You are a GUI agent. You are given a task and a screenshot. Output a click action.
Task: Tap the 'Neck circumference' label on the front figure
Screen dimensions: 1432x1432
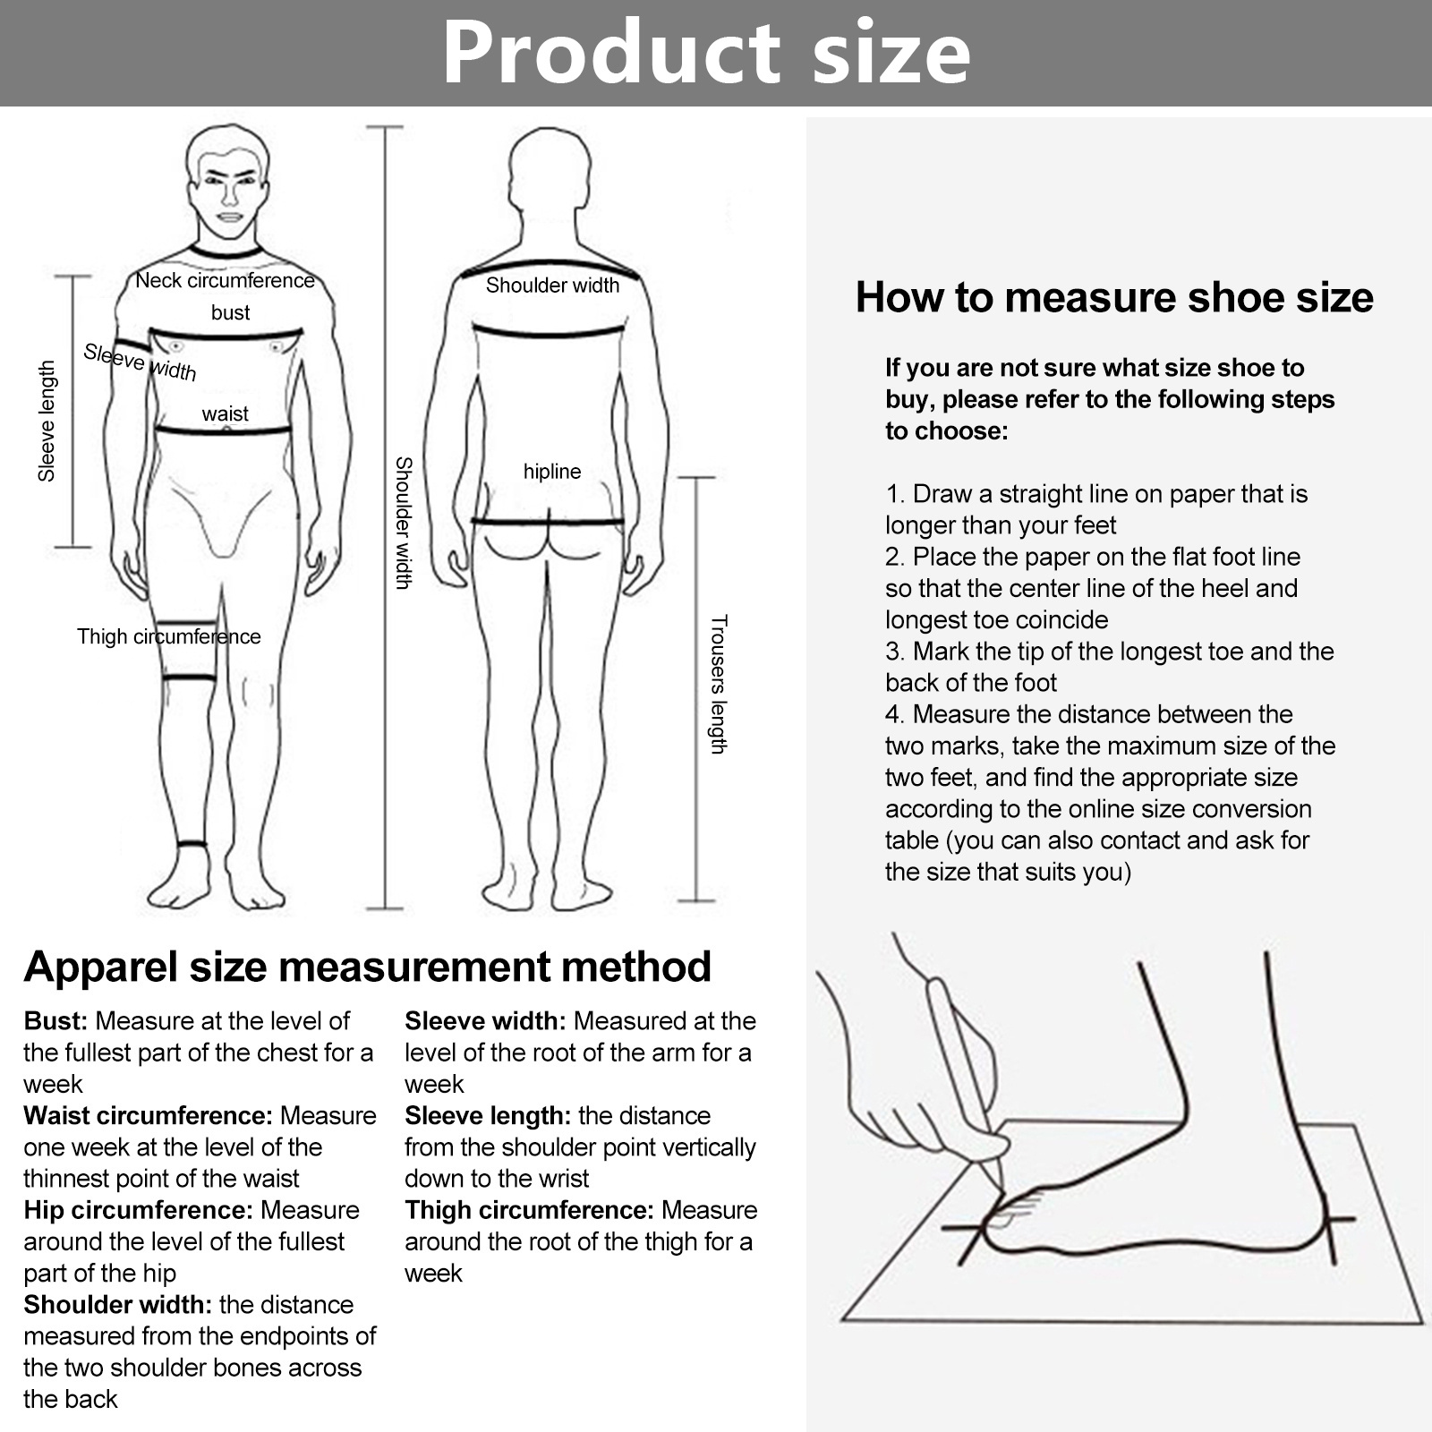coord(226,280)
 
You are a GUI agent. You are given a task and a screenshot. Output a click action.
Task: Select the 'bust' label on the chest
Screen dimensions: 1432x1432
coord(230,312)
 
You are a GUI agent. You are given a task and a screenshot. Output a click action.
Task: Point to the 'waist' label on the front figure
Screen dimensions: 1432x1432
coord(225,413)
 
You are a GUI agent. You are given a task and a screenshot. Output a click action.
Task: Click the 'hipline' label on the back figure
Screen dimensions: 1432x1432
coord(552,472)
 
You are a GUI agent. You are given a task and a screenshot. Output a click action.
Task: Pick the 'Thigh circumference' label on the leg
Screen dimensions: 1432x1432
coord(169,636)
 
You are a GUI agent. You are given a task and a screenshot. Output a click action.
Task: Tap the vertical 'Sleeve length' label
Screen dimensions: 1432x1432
coord(47,422)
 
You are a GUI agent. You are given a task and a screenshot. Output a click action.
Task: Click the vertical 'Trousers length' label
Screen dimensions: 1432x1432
coord(718,685)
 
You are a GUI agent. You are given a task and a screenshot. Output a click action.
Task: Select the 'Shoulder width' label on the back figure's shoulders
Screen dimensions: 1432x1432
coord(552,286)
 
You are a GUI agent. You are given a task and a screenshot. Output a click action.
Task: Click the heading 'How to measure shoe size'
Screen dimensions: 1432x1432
coord(1114,297)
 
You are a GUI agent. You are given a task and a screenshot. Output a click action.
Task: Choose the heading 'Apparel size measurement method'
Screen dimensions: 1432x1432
coord(368,967)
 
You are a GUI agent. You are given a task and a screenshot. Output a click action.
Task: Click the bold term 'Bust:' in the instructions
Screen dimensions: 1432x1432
coord(55,1021)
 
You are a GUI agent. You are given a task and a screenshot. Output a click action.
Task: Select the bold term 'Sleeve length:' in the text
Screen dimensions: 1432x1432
coord(488,1116)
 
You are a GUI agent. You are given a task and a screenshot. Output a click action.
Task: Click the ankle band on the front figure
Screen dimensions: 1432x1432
coord(192,844)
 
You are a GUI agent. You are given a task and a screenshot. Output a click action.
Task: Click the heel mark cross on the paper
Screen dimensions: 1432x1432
coord(1331,1219)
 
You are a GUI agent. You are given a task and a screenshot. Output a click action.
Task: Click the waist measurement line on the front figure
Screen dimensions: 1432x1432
coord(224,431)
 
